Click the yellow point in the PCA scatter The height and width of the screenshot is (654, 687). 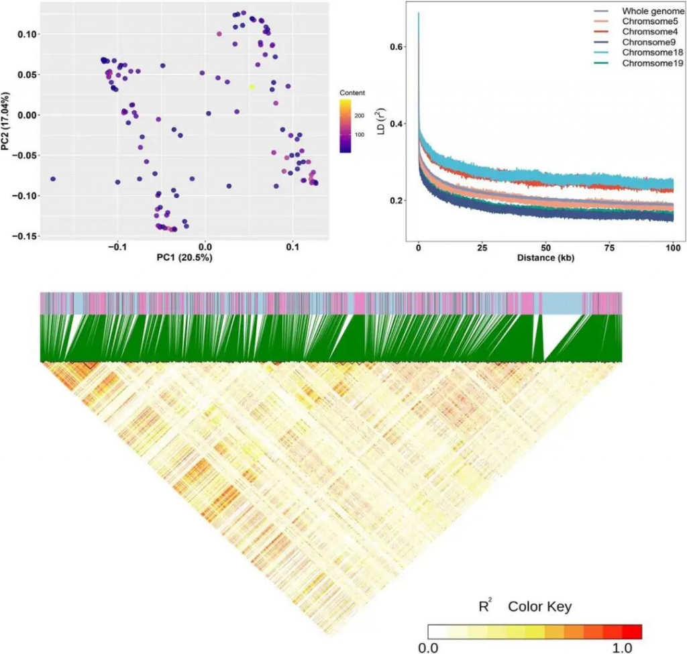[x=252, y=87]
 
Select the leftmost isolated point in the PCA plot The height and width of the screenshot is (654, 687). [x=53, y=179]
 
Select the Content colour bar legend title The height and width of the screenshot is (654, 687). [x=352, y=93]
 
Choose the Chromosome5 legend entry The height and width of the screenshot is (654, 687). [x=649, y=22]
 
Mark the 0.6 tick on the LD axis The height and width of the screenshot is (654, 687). [x=398, y=47]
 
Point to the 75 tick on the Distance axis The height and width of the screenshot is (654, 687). [x=609, y=248]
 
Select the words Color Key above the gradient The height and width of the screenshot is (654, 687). [x=539, y=607]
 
